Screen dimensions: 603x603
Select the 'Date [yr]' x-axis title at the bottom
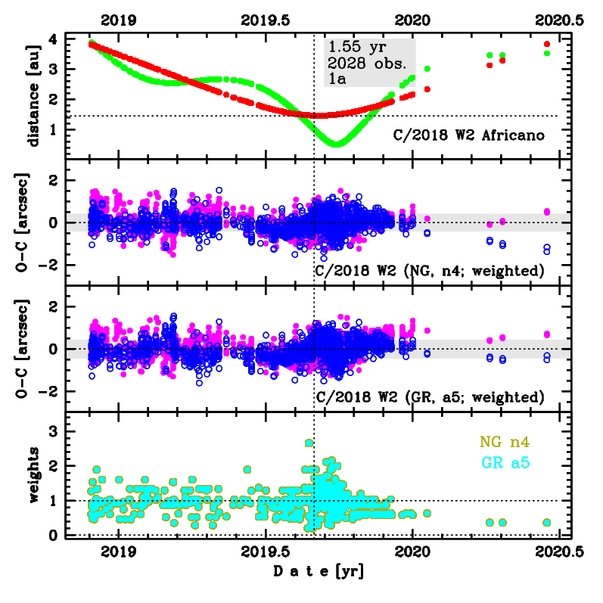(317, 573)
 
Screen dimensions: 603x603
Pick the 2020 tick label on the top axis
(413, 20)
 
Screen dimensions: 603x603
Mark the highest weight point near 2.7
(309, 443)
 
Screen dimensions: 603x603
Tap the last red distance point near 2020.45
(547, 44)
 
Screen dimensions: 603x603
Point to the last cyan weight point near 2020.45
(547, 523)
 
